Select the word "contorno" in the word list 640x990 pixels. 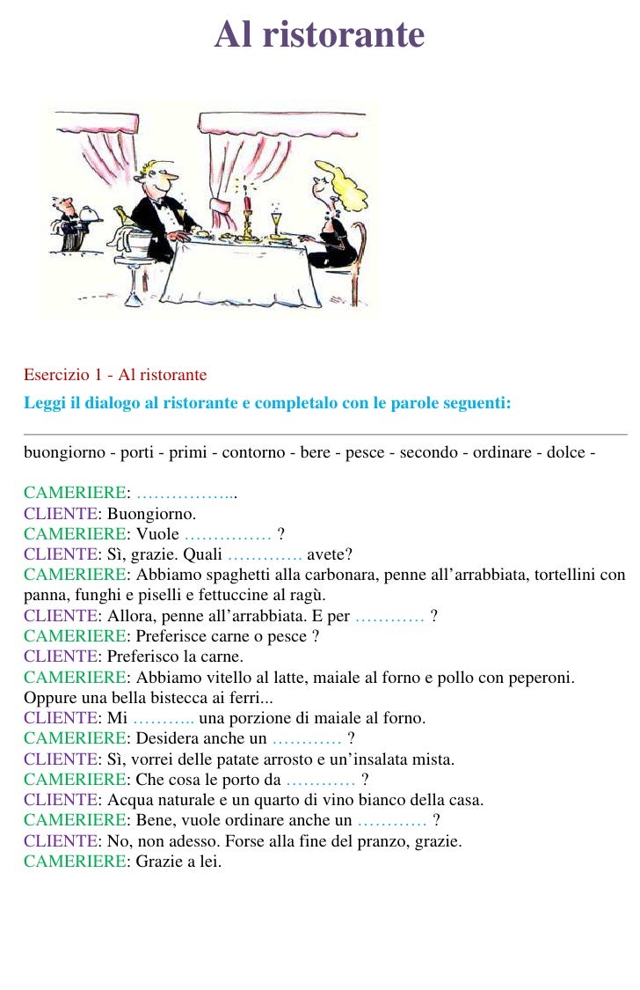coord(253,453)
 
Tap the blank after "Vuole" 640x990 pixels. coord(228,535)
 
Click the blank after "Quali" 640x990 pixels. coord(265,554)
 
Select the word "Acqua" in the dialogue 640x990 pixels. coord(128,801)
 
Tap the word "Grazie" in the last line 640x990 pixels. coord(156,862)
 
